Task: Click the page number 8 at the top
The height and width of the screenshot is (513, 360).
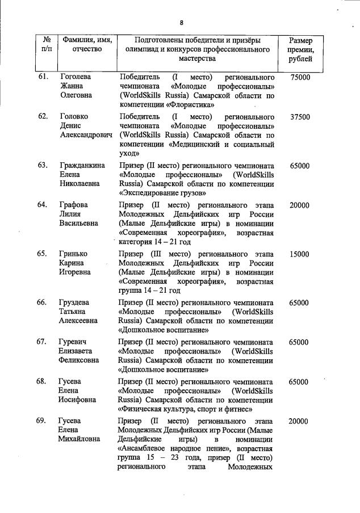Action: pos(181,23)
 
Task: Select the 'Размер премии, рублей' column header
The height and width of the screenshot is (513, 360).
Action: pos(299,50)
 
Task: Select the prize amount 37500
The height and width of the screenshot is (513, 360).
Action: pos(299,117)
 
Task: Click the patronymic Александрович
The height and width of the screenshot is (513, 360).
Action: pos(86,135)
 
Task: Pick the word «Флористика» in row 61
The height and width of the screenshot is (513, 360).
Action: pos(190,104)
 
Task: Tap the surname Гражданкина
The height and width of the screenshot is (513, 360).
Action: pos(82,166)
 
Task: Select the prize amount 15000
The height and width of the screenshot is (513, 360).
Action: pos(299,254)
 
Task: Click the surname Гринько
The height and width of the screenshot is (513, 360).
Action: pos(74,254)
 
